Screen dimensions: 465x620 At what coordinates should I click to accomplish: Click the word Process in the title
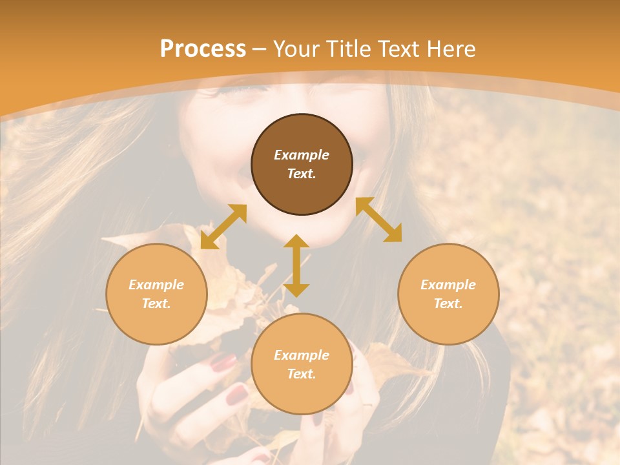(203, 49)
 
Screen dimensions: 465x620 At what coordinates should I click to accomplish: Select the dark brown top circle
(302, 165)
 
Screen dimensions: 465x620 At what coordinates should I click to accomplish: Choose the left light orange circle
(156, 294)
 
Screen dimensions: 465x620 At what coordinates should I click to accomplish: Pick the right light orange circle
(448, 294)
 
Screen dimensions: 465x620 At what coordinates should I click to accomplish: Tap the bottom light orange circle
(302, 364)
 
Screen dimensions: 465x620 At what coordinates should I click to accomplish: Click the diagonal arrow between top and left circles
(223, 227)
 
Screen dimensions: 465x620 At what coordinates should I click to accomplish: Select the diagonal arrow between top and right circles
(379, 220)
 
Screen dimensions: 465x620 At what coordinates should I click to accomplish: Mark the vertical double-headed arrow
(296, 265)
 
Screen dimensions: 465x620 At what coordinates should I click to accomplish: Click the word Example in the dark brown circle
(302, 155)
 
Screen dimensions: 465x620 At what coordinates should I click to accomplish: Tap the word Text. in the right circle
(448, 304)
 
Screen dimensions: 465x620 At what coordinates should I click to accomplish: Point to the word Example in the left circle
(156, 285)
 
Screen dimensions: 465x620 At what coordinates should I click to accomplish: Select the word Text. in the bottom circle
(302, 374)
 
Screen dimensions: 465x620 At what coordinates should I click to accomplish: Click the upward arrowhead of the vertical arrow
(296, 242)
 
